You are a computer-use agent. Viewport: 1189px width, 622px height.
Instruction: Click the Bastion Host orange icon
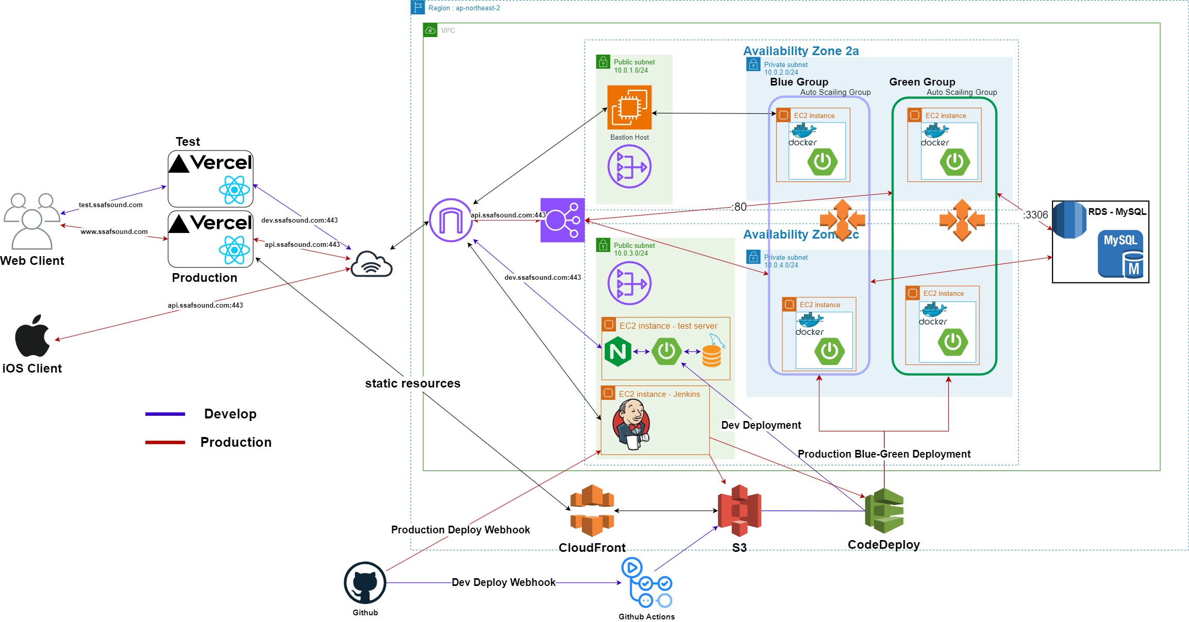click(629, 107)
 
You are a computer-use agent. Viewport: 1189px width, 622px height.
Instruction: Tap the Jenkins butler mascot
click(632, 425)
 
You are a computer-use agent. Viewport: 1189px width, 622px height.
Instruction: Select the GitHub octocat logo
click(365, 583)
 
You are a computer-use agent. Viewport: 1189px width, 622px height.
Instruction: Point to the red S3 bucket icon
click(740, 510)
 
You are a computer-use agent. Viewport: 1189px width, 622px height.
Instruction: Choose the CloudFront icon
click(592, 510)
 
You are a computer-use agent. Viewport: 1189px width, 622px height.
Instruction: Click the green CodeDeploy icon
click(884, 510)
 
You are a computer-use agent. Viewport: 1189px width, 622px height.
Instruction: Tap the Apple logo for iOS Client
click(32, 336)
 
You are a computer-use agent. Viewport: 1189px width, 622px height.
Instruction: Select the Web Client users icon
click(32, 221)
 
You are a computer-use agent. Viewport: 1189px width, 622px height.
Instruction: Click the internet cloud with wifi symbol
click(372, 264)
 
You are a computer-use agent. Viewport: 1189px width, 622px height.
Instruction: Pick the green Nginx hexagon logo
click(617, 351)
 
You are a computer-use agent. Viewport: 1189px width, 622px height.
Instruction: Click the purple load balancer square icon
click(562, 220)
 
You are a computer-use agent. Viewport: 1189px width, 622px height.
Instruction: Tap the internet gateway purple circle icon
click(450, 220)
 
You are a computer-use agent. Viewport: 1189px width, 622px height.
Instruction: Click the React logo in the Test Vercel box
click(235, 190)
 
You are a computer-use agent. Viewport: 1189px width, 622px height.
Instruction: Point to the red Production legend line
click(165, 442)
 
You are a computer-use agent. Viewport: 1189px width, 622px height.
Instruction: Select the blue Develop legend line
click(165, 414)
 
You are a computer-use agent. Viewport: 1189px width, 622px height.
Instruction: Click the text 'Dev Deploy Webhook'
click(504, 582)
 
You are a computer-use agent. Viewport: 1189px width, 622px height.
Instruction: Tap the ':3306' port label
click(1035, 215)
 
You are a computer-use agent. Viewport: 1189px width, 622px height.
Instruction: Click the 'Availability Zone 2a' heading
click(801, 51)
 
